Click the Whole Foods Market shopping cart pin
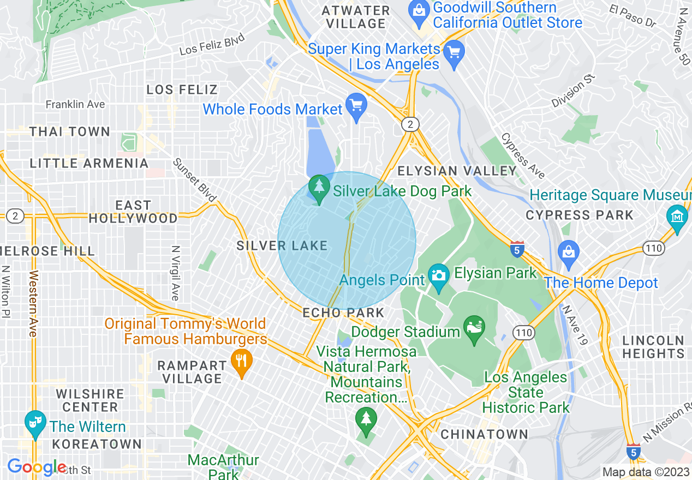[356, 106]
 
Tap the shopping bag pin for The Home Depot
[569, 253]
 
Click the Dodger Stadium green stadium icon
[474, 329]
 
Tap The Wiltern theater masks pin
[35, 424]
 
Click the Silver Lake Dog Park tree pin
[319, 188]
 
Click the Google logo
[37, 467]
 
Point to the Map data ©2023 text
[645, 472]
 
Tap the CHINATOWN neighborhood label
[484, 434]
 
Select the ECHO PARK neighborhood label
[344, 313]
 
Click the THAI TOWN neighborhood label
[70, 131]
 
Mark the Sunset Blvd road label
[195, 180]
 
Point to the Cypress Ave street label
[523, 156]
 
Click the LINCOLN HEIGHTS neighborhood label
[653, 347]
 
